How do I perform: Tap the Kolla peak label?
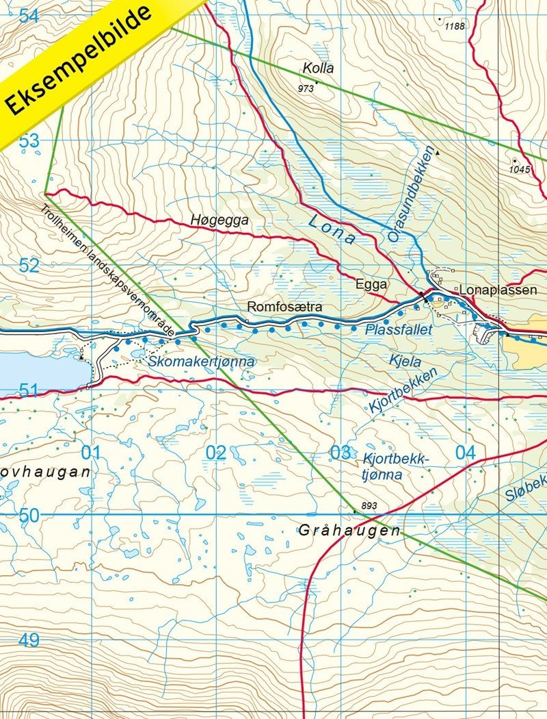pyautogui.click(x=316, y=69)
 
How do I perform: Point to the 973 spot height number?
pyautogui.click(x=306, y=89)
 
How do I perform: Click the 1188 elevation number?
pyautogui.click(x=454, y=26)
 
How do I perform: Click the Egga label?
pyautogui.click(x=371, y=284)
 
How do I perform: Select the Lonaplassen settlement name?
pyautogui.click(x=498, y=290)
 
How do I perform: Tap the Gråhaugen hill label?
pyautogui.click(x=349, y=531)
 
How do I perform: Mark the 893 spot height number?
pyautogui.click(x=369, y=506)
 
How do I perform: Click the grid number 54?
pyautogui.click(x=29, y=16)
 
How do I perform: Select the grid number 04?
pyautogui.click(x=465, y=453)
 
